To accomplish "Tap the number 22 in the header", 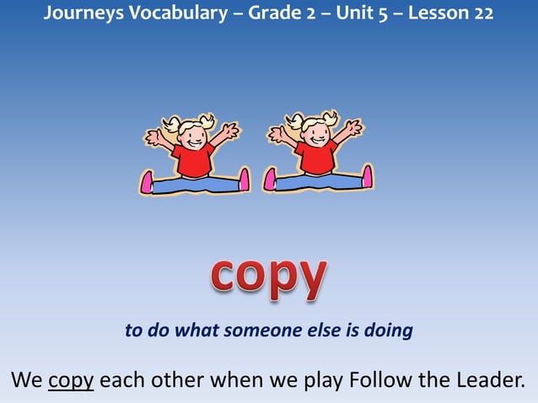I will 484,14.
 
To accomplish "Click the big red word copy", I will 268,275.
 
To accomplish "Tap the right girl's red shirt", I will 316,158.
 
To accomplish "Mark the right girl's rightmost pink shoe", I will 367,176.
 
